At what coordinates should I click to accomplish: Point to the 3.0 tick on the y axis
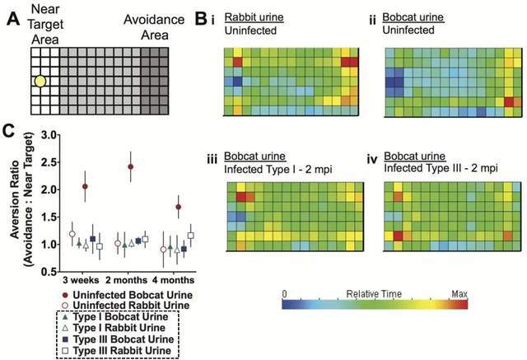[55, 134]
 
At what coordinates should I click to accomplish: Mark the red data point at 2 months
[130, 166]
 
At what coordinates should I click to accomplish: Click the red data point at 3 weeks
[85, 186]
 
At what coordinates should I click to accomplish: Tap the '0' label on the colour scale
[284, 292]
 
